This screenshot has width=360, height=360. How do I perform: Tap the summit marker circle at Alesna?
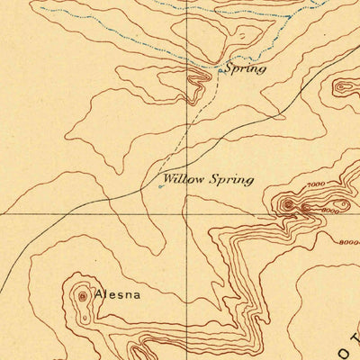tap(84, 294)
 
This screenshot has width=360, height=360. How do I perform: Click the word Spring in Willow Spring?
tap(231, 179)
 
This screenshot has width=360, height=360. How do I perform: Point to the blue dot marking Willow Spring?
tap(161, 186)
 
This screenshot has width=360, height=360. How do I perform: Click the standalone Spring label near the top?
tap(245, 68)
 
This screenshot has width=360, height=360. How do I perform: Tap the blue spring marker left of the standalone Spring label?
tap(220, 68)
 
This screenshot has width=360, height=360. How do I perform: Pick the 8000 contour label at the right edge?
tap(349, 241)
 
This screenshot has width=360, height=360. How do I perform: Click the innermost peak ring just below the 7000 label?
tap(288, 205)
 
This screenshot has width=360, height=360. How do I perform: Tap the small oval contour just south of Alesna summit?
tap(84, 316)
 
